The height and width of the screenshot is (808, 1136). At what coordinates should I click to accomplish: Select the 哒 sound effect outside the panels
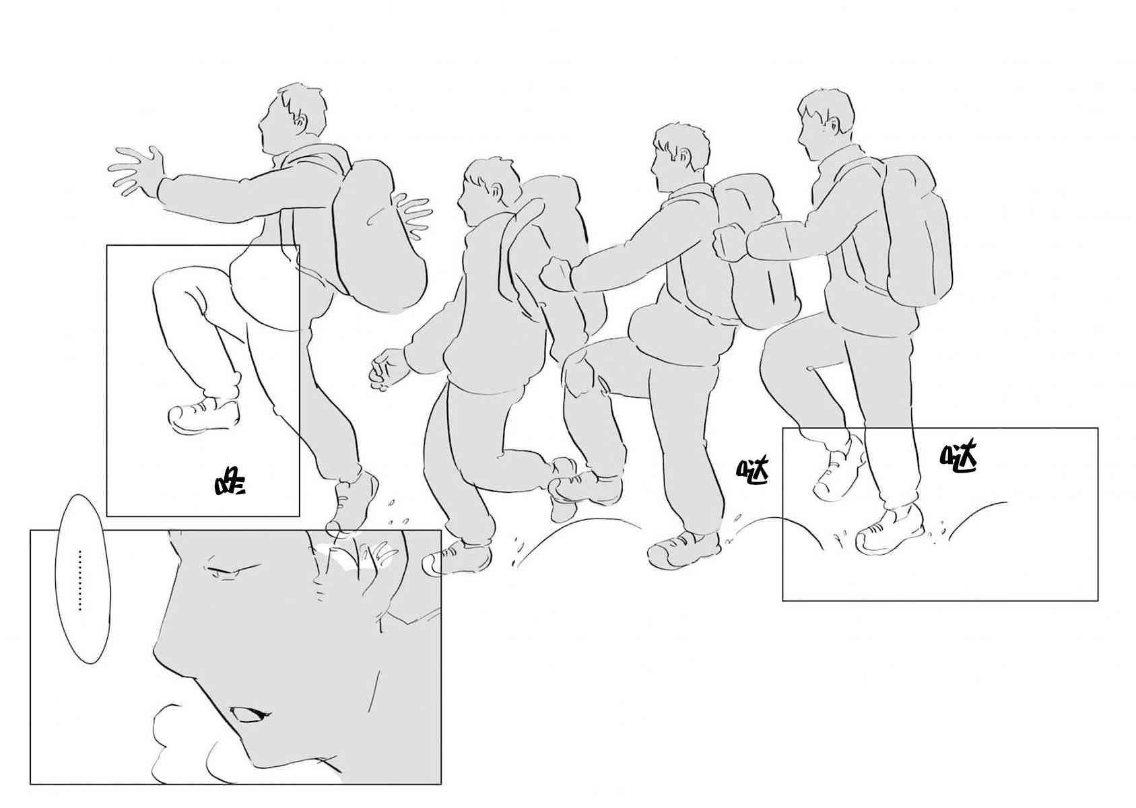(753, 471)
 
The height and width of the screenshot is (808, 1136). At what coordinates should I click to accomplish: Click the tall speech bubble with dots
(83, 579)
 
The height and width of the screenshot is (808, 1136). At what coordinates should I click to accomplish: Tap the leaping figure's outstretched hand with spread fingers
(137, 172)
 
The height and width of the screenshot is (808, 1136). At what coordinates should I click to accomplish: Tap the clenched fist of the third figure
(556, 275)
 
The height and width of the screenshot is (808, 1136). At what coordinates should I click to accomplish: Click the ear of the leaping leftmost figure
(301, 122)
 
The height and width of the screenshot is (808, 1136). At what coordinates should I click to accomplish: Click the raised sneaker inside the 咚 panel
(203, 416)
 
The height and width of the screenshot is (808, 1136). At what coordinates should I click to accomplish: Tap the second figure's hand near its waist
(389, 369)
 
